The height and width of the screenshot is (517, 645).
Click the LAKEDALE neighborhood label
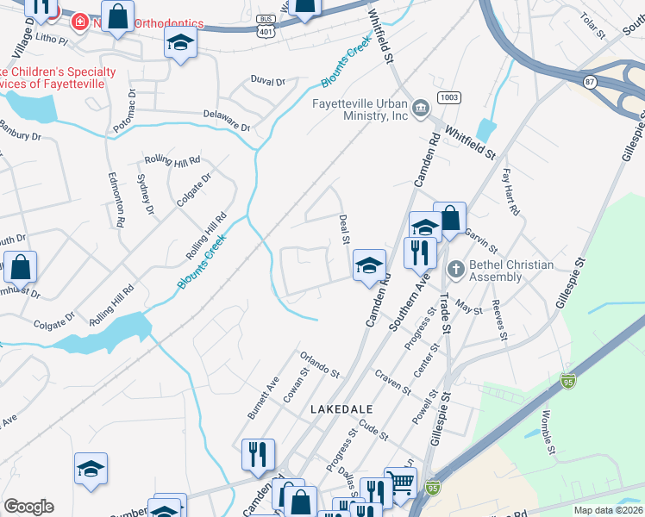(341, 409)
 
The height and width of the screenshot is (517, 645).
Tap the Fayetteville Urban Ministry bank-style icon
(421, 107)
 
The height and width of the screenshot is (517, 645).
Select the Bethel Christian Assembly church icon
(455, 271)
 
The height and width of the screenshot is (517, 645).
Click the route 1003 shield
(447, 97)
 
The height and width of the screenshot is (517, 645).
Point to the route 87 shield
(590, 81)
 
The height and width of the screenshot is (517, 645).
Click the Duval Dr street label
(267, 81)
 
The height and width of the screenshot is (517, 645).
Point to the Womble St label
(547, 429)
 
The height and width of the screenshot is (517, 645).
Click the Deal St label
(343, 228)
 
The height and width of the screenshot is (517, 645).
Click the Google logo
(28, 507)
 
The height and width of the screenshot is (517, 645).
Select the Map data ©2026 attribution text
(608, 510)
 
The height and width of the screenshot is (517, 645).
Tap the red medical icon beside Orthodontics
(79, 20)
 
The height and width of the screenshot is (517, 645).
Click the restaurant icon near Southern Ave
(419, 252)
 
